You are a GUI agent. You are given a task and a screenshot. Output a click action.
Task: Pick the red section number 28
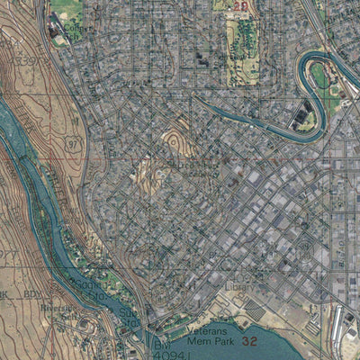(240, 6)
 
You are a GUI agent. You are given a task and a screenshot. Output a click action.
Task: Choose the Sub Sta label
(129, 317)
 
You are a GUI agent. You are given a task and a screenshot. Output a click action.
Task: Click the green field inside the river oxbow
(320, 76)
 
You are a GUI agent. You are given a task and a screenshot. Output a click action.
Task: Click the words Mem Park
(211, 343)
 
